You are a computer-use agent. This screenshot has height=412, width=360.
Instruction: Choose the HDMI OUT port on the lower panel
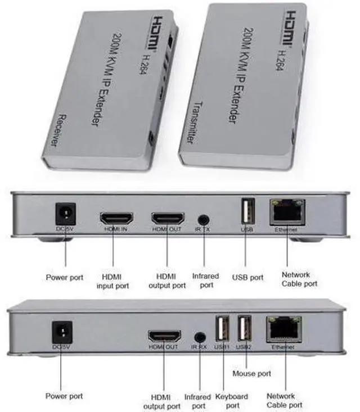click(x=164, y=336)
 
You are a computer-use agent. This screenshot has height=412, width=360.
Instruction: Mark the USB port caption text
click(x=247, y=277)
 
